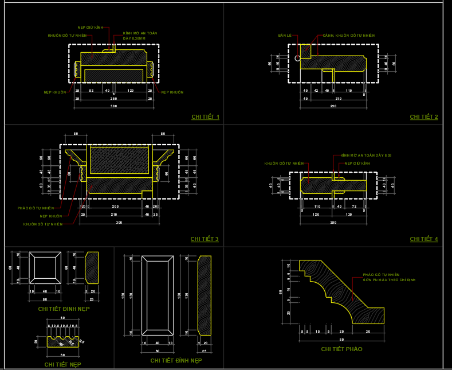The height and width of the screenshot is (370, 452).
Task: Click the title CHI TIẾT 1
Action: [205, 117]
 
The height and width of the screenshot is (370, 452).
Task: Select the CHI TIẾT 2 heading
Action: [424, 117]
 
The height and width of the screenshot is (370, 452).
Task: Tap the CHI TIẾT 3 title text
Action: [205, 239]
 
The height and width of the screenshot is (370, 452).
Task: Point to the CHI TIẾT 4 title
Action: [424, 239]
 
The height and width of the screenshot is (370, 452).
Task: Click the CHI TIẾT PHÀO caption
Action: [341, 349]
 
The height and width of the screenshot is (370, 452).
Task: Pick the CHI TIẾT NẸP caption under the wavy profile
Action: [62, 364]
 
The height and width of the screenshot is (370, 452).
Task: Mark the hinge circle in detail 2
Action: [297, 59]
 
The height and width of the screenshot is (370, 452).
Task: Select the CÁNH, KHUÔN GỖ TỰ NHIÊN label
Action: [348, 36]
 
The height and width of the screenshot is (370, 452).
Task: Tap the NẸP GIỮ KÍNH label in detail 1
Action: [91, 27]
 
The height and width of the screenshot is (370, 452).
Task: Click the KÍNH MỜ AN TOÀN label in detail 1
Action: [140, 33]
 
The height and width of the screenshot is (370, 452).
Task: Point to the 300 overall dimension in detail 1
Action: [113, 106]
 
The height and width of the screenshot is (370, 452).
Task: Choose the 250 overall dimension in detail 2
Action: [333, 106]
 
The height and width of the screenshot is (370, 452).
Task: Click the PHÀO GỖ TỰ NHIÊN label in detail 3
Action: [36, 208]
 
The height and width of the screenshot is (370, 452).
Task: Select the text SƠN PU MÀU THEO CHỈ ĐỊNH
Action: [389, 279]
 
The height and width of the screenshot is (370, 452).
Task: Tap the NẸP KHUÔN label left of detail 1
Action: [55, 92]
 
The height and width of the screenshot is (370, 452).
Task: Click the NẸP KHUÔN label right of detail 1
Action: [172, 92]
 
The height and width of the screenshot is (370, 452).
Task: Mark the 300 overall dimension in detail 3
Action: [119, 222]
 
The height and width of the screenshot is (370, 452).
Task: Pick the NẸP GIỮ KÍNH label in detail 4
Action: [357, 163]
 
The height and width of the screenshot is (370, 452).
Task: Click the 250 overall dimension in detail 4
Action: [333, 222]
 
